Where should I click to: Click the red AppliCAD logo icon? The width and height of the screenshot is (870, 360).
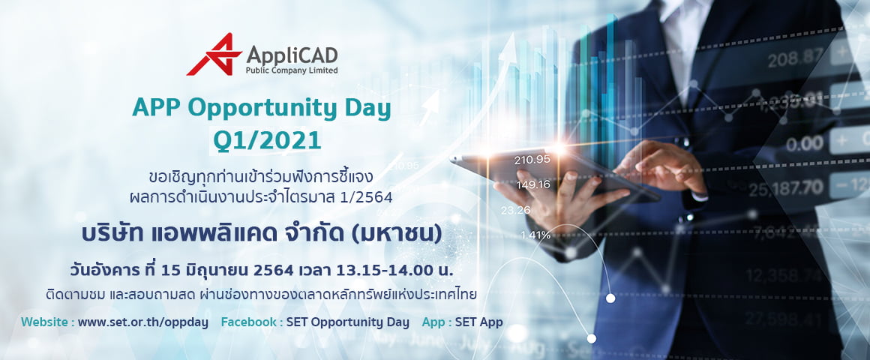coord(214,54)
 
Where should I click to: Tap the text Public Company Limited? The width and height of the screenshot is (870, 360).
coord(292,70)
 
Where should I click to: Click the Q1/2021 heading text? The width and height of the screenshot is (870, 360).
coord(268,140)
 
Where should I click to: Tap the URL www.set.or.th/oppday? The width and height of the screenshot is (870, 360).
coord(143,322)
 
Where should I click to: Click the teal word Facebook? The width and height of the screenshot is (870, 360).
coord(249,322)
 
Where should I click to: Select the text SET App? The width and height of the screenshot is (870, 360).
coord(478,322)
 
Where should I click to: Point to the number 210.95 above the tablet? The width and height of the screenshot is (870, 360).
coord(532,160)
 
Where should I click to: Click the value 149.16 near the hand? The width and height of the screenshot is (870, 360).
coord(533,184)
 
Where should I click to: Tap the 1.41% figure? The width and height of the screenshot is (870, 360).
coord(535,235)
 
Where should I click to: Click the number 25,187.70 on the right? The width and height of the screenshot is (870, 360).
coord(786,187)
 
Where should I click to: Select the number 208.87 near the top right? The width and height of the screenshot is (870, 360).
coord(795,57)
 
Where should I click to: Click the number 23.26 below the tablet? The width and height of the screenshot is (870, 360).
coord(515,210)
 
